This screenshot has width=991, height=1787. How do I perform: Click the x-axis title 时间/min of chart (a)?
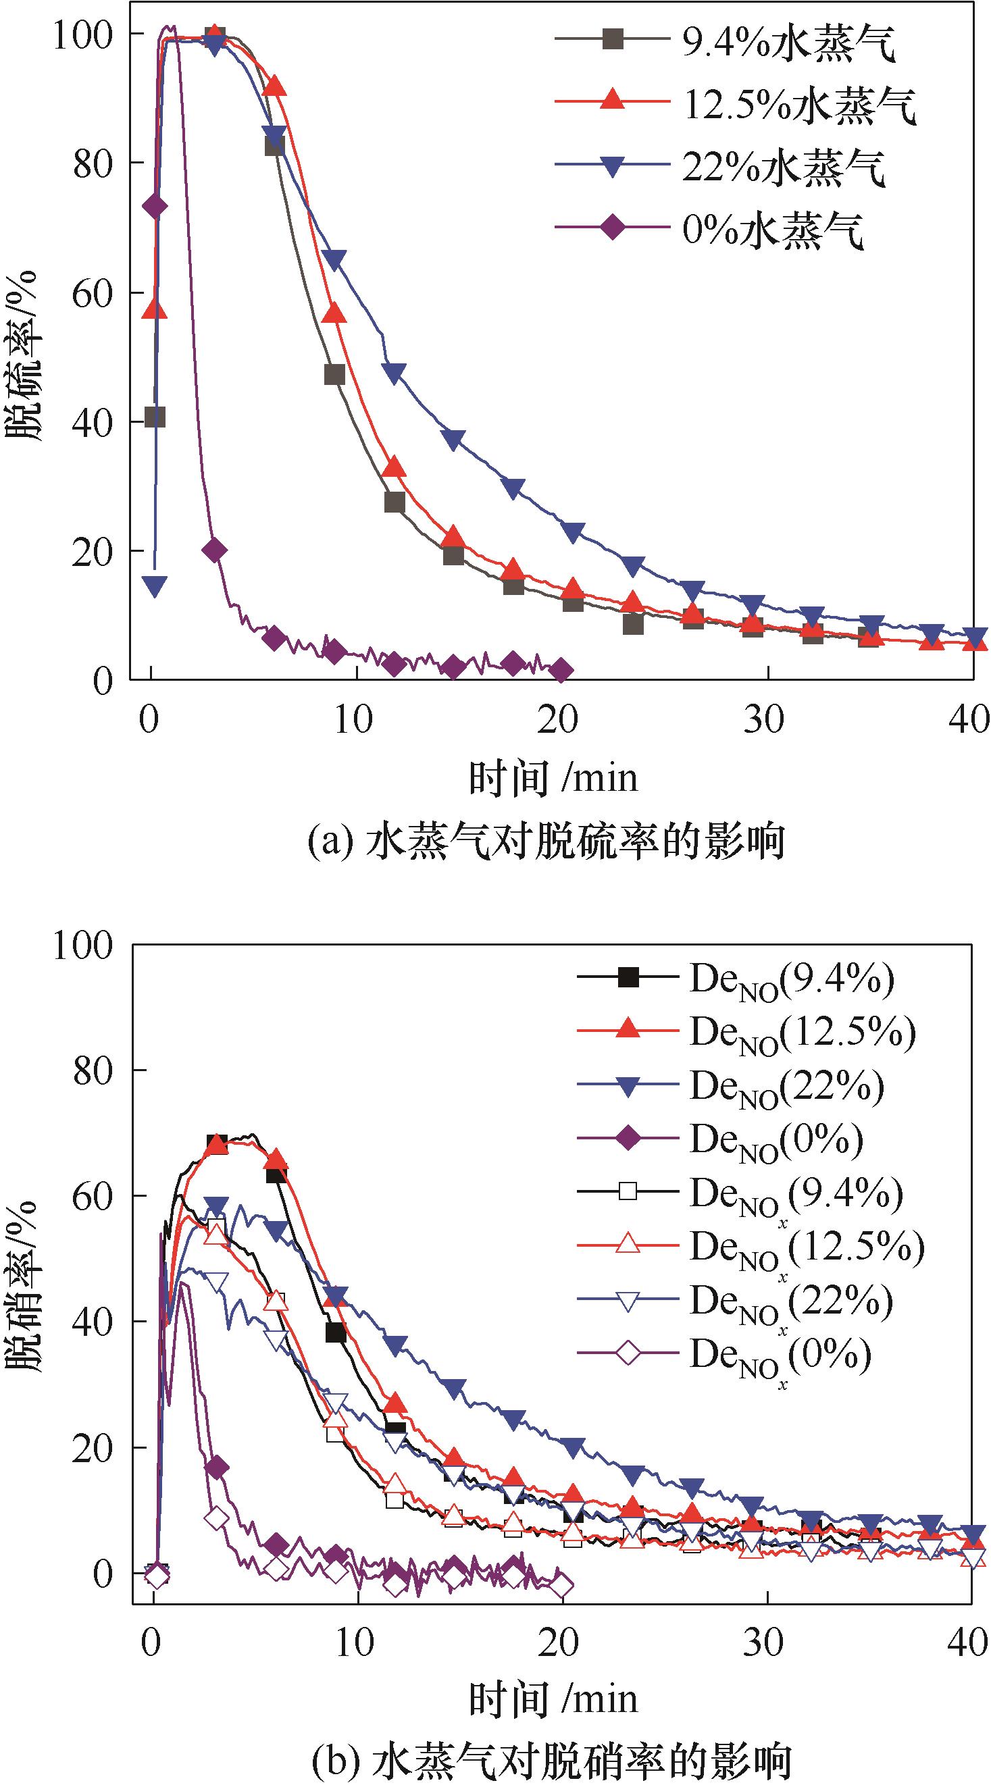pyautogui.click(x=553, y=777)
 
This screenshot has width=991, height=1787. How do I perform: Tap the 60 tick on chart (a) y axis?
pyautogui.click(x=92, y=292)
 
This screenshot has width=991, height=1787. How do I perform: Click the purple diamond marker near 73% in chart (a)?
pyautogui.click(x=155, y=206)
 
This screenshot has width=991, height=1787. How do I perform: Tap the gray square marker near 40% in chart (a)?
pyautogui.click(x=155, y=417)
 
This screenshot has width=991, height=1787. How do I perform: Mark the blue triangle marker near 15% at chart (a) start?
pyautogui.click(x=155, y=586)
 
